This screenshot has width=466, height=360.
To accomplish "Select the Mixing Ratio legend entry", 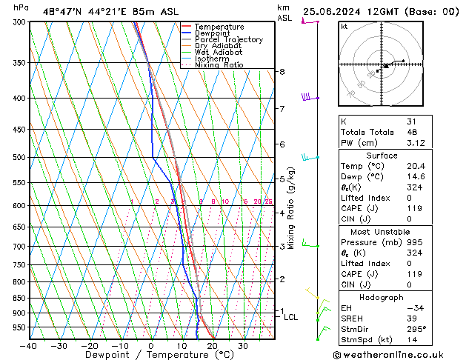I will click(x=219, y=65).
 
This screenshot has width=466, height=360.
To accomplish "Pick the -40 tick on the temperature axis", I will click(x=28, y=346).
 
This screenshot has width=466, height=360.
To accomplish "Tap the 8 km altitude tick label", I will click(x=282, y=72).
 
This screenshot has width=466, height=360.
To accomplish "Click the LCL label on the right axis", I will click(x=291, y=317).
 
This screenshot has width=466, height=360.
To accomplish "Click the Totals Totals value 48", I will click(x=411, y=132).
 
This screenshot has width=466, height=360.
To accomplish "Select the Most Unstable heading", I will click(x=382, y=232).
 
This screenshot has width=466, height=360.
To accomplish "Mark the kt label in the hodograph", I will click(x=344, y=26).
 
